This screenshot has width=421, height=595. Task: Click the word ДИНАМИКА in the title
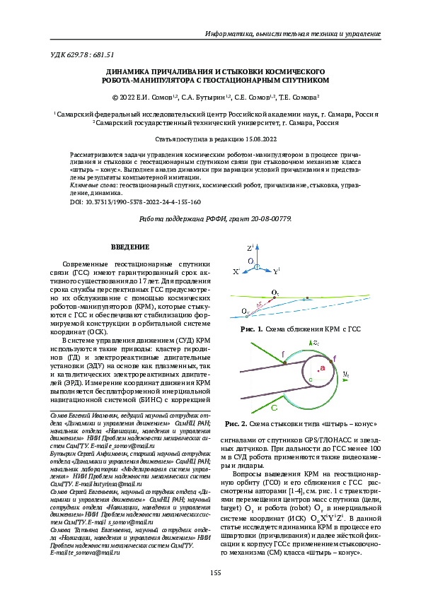(x=129, y=72)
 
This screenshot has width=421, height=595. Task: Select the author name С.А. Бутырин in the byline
(x=200, y=98)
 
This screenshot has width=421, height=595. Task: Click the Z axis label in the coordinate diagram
(x=250, y=249)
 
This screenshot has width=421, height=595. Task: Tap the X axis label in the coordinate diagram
(x=236, y=271)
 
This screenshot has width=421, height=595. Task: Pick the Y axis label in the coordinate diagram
(x=277, y=271)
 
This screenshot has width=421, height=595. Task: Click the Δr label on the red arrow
(x=260, y=305)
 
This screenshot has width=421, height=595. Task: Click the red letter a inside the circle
(x=322, y=369)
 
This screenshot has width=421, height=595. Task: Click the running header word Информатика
(x=228, y=34)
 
